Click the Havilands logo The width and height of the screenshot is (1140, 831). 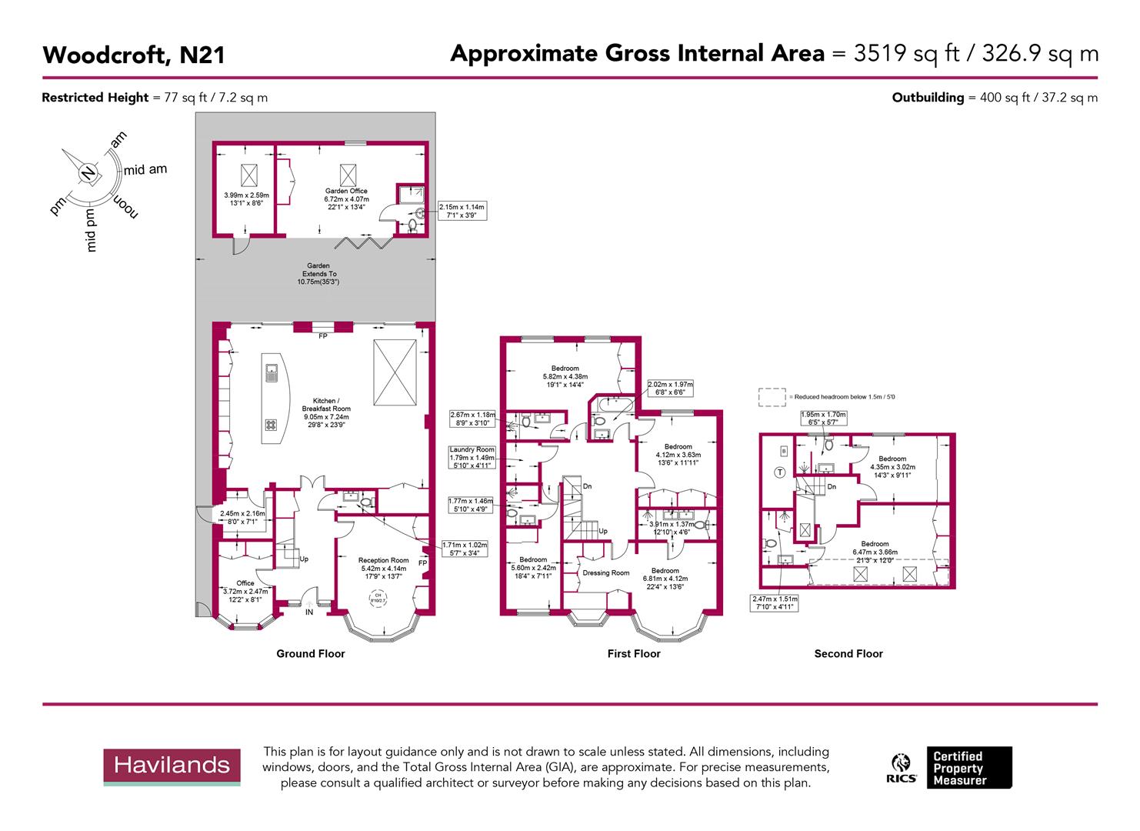(x=172, y=766)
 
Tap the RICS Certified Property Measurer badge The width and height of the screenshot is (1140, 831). (x=951, y=768)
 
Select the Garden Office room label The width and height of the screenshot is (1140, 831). (x=346, y=191)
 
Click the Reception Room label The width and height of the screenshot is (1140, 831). (x=384, y=560)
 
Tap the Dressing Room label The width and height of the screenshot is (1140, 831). (x=606, y=572)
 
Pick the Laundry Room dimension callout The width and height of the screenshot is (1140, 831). (x=472, y=457)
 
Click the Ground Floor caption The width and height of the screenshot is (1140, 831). (x=311, y=653)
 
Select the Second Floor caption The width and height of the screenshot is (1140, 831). (x=848, y=653)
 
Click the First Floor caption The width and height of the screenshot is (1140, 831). (x=634, y=653)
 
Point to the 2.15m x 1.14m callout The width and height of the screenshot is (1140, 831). (x=462, y=212)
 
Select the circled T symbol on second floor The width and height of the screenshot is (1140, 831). (x=779, y=472)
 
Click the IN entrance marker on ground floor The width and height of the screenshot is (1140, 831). (x=309, y=612)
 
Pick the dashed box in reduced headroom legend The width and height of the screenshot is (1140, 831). (x=772, y=397)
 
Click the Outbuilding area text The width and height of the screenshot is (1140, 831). (x=995, y=98)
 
